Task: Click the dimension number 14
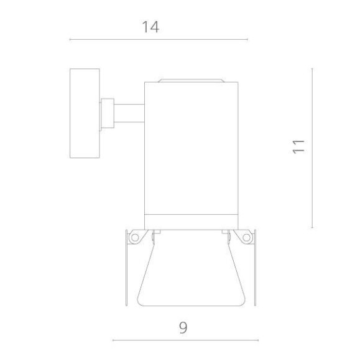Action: pyautogui.click(x=150, y=27)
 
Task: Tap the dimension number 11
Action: pyautogui.click(x=298, y=147)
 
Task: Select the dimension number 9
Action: pyautogui.click(x=183, y=327)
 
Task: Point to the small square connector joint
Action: pyautogui.click(x=108, y=113)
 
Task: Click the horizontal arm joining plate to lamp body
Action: pyautogui.click(x=129, y=113)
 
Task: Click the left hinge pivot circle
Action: pyautogui.click(x=135, y=237)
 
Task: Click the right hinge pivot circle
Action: pyautogui.click(x=246, y=237)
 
